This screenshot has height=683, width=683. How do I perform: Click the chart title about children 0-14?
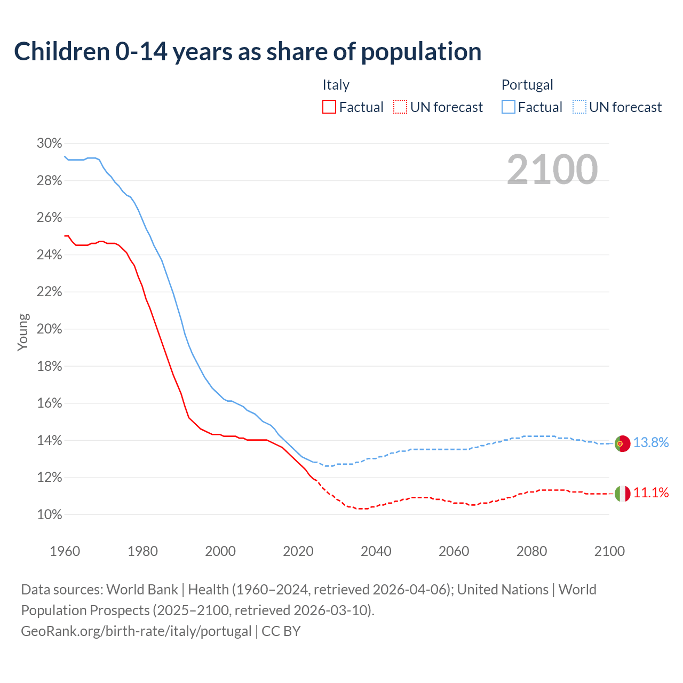(248, 52)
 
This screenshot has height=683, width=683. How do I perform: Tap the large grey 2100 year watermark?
(552, 170)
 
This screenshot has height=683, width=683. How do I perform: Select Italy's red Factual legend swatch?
(329, 107)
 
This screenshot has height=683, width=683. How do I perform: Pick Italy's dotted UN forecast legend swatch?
(400, 107)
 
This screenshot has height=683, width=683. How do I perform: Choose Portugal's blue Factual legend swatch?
(509, 107)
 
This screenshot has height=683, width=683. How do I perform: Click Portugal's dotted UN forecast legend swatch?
(579, 107)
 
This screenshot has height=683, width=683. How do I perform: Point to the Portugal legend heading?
(527, 85)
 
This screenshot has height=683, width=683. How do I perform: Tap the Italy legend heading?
(336, 85)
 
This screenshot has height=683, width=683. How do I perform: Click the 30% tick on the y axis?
(49, 144)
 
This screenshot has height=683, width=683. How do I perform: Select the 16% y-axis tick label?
(49, 403)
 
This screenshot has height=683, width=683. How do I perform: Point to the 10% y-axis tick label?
(49, 515)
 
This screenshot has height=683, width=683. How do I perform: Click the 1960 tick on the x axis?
(65, 551)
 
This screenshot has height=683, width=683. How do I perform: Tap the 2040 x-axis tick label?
(376, 551)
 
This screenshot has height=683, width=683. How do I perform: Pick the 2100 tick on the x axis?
(609, 551)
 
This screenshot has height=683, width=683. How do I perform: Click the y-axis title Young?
(22, 332)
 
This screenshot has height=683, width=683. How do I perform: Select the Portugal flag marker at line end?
(622, 443)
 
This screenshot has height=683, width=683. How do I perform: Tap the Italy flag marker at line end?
(622, 494)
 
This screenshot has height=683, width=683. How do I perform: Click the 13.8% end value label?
(651, 443)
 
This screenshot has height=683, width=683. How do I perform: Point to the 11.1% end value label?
(651, 493)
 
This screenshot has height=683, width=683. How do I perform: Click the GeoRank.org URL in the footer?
(136, 631)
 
